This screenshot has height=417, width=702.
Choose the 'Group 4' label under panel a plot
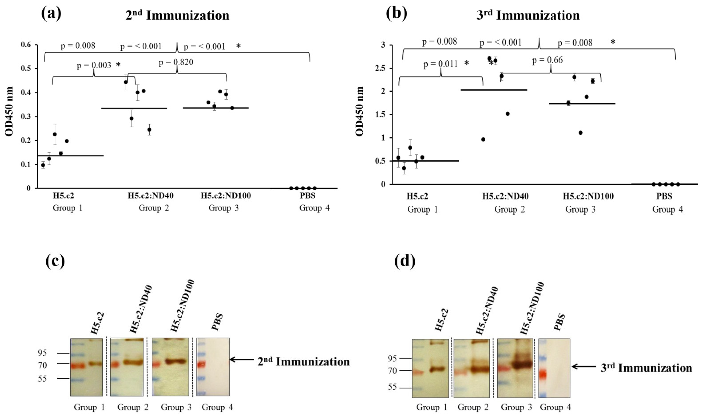point(314,208)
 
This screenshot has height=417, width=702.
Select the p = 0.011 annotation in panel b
point(440,64)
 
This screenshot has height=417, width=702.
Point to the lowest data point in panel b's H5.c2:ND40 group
point(483,139)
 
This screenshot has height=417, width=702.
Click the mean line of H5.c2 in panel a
point(70,156)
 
